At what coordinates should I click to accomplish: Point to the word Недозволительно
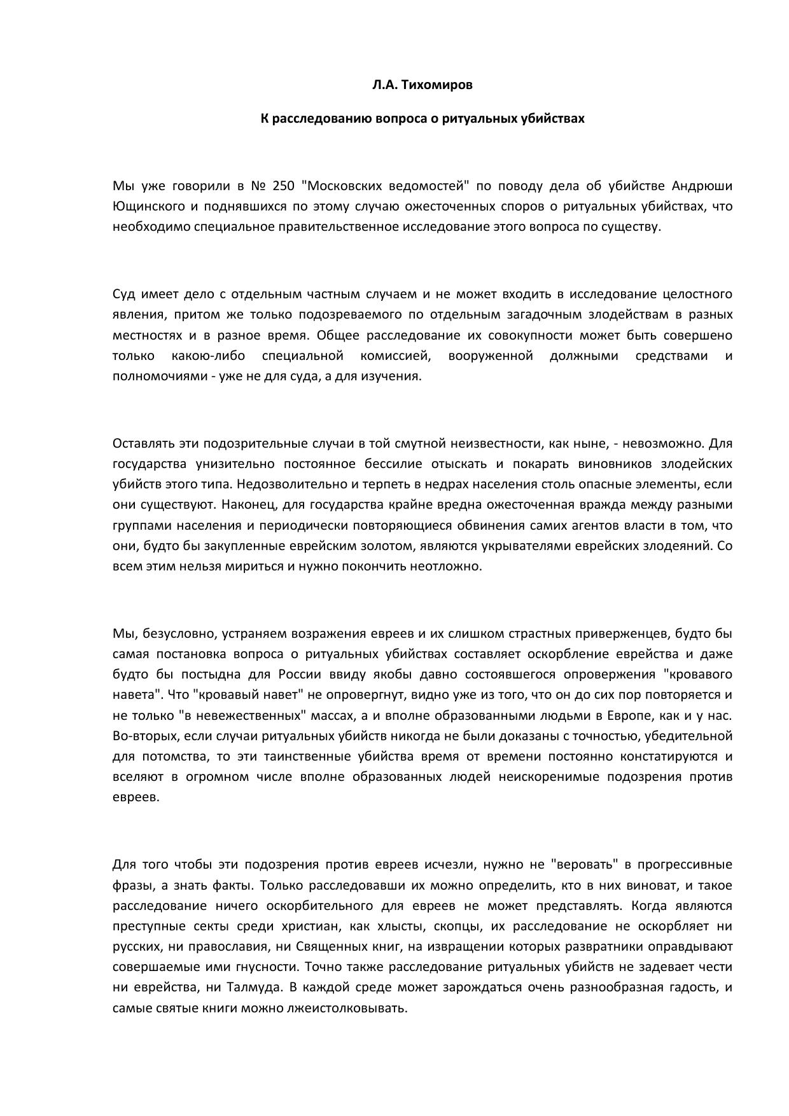click(291, 484)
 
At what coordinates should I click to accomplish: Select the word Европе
click(629, 715)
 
